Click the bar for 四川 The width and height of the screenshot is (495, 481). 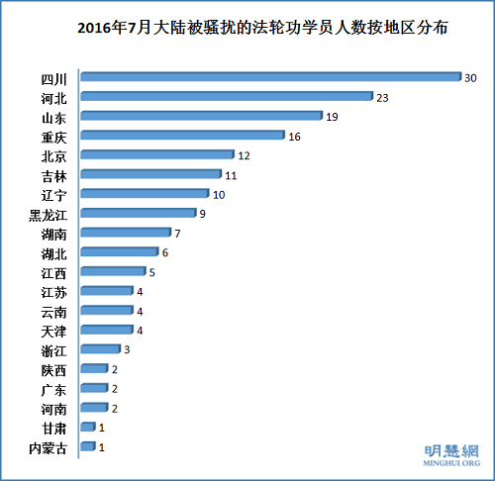270,76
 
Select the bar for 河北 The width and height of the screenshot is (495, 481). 226,96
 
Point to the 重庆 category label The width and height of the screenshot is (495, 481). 53,137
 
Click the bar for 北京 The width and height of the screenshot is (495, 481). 156,155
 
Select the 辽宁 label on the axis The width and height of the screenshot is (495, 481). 53,195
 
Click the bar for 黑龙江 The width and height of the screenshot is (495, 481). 138,213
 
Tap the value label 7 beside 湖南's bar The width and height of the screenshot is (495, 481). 177,234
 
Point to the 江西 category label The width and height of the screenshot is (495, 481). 53,272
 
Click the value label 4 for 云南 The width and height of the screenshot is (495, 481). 140,311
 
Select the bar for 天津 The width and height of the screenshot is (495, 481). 106,330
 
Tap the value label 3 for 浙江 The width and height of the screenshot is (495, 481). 127,349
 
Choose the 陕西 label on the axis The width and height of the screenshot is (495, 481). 53,369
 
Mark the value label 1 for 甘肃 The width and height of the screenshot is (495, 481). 102,428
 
